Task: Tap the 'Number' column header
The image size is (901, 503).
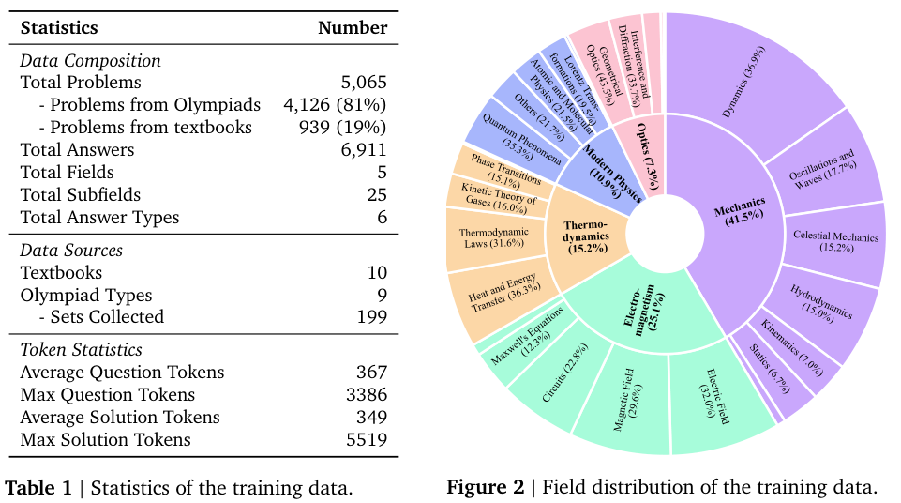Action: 352,28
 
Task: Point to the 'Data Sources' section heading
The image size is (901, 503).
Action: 71,251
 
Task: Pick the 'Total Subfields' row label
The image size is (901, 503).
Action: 81,195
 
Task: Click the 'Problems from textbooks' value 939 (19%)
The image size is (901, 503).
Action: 334,128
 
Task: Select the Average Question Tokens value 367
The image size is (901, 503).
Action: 371,373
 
